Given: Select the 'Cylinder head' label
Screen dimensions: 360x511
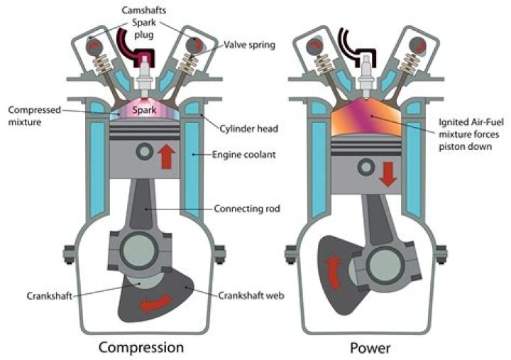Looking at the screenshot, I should pyautogui.click(x=243, y=129).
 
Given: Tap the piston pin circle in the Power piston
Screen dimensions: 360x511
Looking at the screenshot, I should pyautogui.click(x=366, y=167).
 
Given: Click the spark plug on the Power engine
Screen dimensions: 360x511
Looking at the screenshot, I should pyautogui.click(x=366, y=79).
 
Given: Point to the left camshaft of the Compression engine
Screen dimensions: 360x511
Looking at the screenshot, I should pyautogui.click(x=94, y=44).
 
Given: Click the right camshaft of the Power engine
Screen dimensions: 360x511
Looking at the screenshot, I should pyautogui.click(x=415, y=44).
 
